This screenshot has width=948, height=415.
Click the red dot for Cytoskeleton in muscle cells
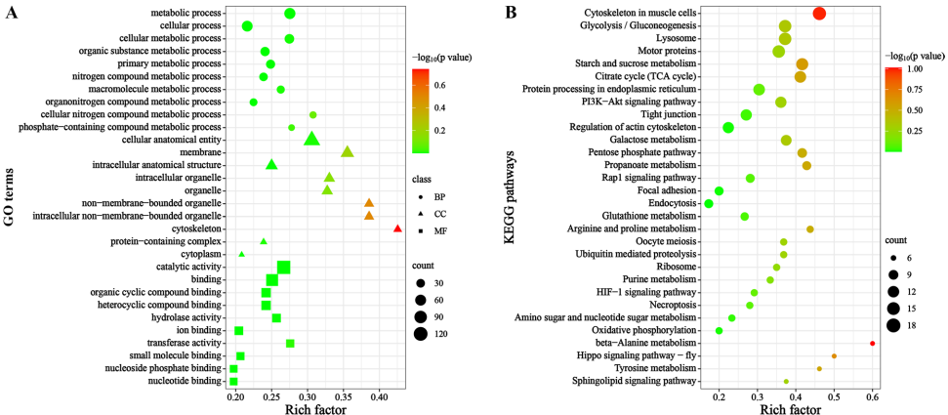[819, 13]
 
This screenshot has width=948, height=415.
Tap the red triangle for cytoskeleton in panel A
[397, 228]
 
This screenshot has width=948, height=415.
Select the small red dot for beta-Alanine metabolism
[872, 344]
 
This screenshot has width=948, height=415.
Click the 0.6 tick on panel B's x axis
[873, 397]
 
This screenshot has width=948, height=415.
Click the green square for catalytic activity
[283, 268]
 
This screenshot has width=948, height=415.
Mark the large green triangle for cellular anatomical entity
[311, 139]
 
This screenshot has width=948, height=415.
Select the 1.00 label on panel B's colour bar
[912, 70]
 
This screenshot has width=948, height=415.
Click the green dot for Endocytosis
[709, 203]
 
